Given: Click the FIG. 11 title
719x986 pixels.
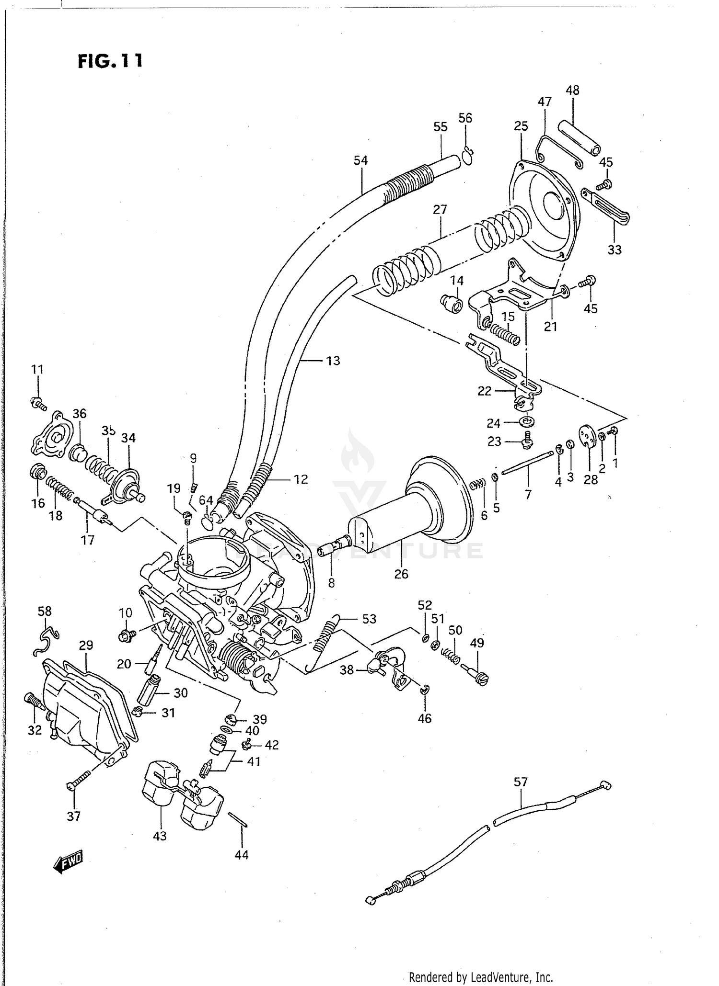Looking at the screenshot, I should [110, 61].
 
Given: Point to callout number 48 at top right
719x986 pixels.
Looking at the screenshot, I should [572, 90].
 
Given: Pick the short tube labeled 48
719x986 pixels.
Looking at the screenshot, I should [579, 136].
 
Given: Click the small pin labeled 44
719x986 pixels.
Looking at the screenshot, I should [237, 819].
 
